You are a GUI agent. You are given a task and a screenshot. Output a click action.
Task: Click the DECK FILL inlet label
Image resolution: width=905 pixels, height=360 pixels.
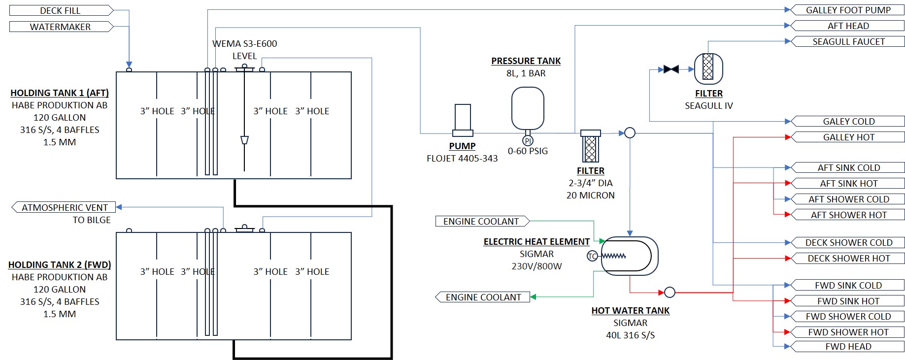pyautogui.click(x=60, y=10)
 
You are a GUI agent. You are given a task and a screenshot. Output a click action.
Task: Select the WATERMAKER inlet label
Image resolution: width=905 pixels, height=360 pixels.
pyautogui.click(x=60, y=27)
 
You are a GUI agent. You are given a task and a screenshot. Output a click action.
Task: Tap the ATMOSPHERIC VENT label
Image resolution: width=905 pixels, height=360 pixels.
pyautogui.click(x=65, y=207)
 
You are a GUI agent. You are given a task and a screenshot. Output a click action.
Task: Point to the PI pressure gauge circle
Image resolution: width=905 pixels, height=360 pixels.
pyautogui.click(x=528, y=141)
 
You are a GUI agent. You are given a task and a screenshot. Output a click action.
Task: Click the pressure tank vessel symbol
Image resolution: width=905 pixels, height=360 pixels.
pyautogui.click(x=528, y=108)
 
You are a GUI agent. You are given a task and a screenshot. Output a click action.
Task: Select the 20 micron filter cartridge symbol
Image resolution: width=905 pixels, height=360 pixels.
pyautogui.click(x=590, y=146)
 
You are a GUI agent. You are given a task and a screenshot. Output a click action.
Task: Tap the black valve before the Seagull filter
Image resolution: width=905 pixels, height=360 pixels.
pyautogui.click(x=671, y=69)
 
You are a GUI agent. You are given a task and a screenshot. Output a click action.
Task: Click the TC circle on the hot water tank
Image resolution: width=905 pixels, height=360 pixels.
pyautogui.click(x=592, y=256)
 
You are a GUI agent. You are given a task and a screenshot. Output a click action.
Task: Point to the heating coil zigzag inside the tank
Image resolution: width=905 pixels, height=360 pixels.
pyautogui.click(x=614, y=256)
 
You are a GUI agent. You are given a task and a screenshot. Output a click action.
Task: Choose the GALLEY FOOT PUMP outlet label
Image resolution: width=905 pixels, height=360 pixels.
pyautogui.click(x=848, y=10)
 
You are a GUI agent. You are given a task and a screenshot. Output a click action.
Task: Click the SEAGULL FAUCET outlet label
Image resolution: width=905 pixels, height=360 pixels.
pyautogui.click(x=848, y=42)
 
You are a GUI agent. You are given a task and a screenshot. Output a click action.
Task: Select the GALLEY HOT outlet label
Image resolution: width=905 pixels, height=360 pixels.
pyautogui.click(x=848, y=137)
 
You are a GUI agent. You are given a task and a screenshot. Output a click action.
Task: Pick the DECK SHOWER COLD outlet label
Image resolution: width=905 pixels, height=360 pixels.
pyautogui.click(x=848, y=242)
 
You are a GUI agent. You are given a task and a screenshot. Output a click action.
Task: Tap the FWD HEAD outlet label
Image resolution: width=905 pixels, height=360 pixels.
pyautogui.click(x=848, y=347)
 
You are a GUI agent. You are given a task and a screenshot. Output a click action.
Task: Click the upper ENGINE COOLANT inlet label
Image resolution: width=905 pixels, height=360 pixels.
pyautogui.click(x=481, y=222)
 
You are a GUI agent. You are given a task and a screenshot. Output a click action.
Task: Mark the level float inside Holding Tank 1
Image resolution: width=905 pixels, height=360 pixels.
pyautogui.click(x=244, y=140)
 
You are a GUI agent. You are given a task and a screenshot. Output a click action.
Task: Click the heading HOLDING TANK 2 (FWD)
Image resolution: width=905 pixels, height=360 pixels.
pyautogui.click(x=60, y=265)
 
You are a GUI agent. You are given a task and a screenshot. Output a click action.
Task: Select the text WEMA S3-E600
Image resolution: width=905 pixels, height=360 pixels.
pyautogui.click(x=245, y=44)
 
